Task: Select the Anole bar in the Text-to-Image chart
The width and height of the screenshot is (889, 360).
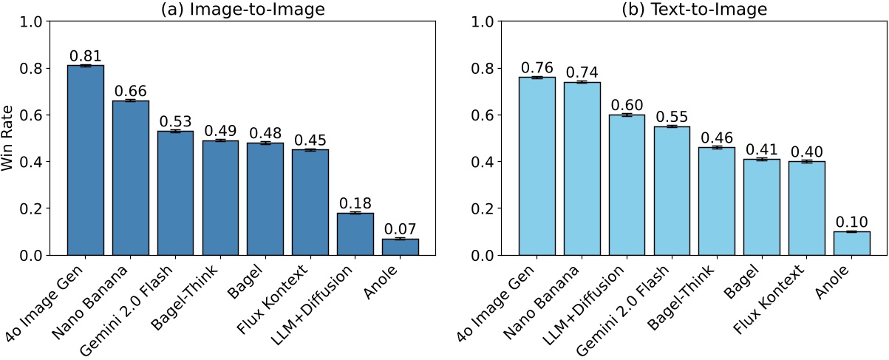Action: [x=851, y=243]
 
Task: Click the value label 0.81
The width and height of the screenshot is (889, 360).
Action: [x=86, y=55]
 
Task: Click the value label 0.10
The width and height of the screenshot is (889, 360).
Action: [x=851, y=221]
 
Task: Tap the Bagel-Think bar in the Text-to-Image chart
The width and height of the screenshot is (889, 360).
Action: [x=717, y=201]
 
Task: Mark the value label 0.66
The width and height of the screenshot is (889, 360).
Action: [x=131, y=90]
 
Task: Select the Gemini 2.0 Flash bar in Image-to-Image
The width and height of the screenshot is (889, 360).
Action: [x=176, y=193]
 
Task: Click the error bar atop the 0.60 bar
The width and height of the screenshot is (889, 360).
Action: [x=627, y=115]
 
